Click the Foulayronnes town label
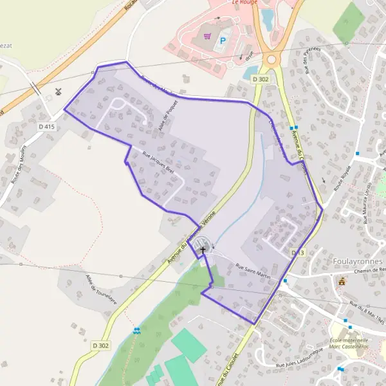coord(358,261)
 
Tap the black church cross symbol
coord(203,250)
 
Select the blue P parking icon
coord(223,40)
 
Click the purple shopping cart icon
coord(207,37)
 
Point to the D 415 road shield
coord(47,127)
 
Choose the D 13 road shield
coord(297,253)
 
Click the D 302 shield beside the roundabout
coord(261,78)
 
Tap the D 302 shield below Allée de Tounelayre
coord(100,345)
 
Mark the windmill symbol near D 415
coord(59,91)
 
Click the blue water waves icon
coord(136,331)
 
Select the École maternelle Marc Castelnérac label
coord(348,344)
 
